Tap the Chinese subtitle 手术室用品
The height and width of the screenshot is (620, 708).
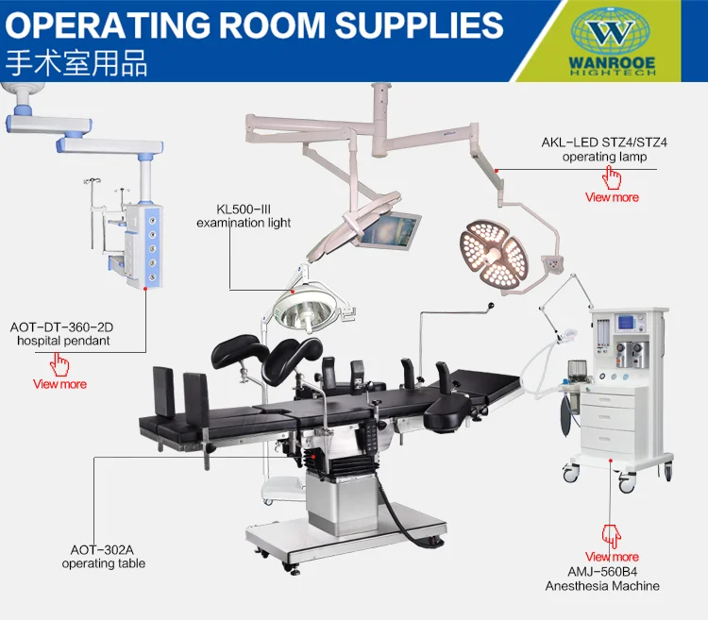click(x=77, y=63)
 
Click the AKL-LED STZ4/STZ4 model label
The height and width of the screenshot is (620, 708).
click(x=605, y=142)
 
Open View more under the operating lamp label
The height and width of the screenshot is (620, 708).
click(x=612, y=197)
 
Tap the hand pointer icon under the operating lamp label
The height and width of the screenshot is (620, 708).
click(x=613, y=176)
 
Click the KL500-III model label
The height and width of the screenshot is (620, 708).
click(x=243, y=209)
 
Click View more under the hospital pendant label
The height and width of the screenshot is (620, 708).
click(x=59, y=384)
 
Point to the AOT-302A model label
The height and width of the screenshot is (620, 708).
click(x=104, y=549)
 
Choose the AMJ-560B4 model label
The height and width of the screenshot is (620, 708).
click(x=601, y=572)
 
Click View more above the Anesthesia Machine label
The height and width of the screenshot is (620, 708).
click(x=612, y=557)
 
